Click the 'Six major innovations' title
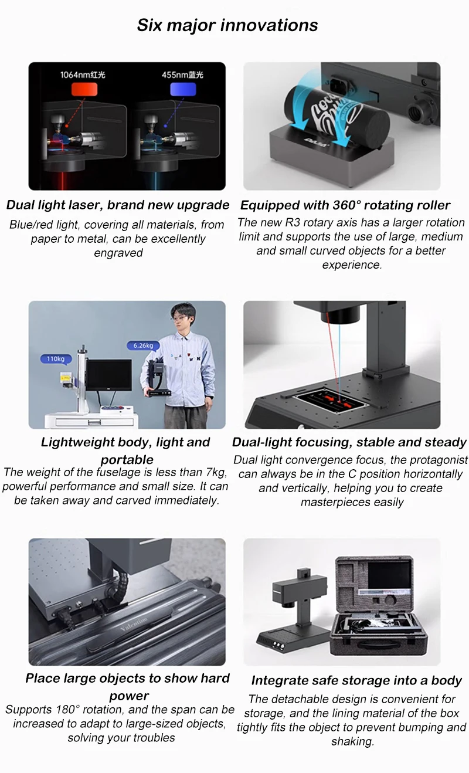(227, 25)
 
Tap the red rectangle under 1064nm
(84, 89)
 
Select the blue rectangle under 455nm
(183, 89)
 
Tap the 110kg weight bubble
(56, 359)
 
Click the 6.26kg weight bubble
(143, 345)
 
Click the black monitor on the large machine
(108, 375)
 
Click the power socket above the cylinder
(341, 85)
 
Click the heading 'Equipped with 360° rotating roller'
(345, 205)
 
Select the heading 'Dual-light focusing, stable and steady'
(349, 442)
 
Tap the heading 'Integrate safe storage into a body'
(356, 680)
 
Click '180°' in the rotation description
(66, 710)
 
